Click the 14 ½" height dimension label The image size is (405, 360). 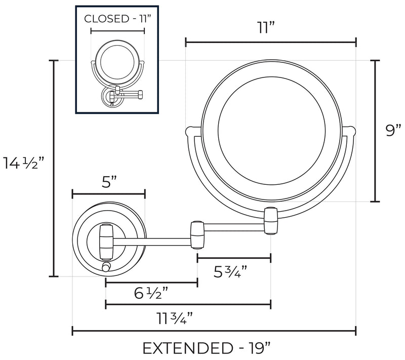pyautogui.click(x=24, y=163)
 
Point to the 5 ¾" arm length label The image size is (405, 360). pyautogui.click(x=230, y=272)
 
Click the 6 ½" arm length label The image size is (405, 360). pyautogui.click(x=151, y=293)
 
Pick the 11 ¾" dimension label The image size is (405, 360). pyautogui.click(x=175, y=318)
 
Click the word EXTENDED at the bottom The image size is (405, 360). pyautogui.click(x=187, y=348)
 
